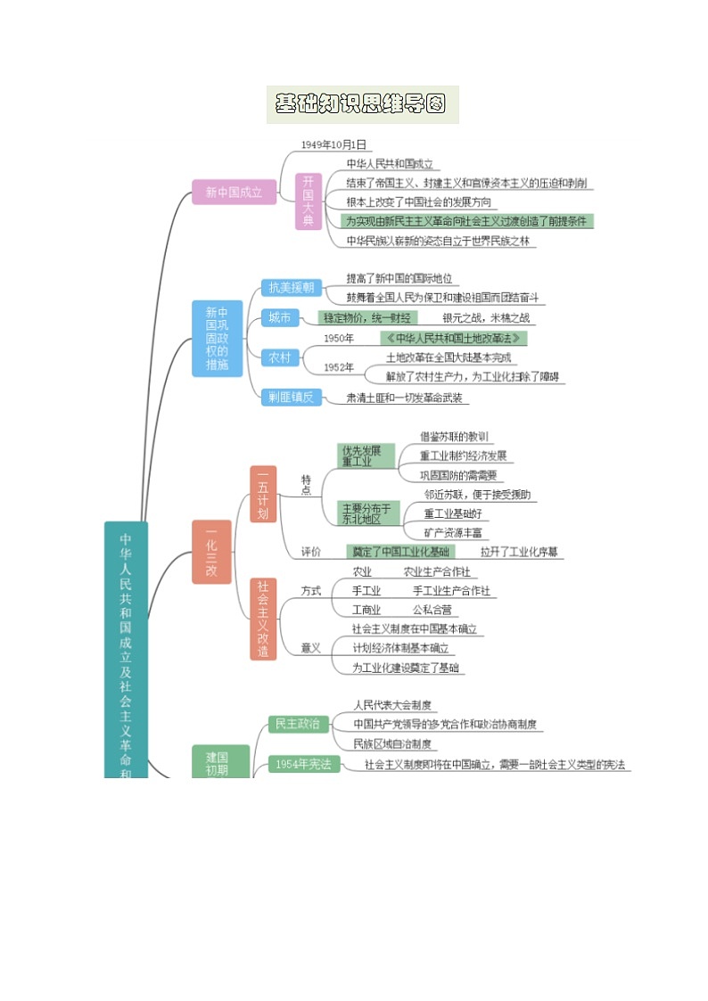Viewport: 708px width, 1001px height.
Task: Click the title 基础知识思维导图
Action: (361, 104)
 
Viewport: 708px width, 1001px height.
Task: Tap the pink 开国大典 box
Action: (308, 201)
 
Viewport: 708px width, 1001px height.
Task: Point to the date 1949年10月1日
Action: (333, 144)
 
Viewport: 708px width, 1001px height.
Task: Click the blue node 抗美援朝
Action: (292, 287)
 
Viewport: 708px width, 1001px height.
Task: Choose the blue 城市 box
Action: (279, 318)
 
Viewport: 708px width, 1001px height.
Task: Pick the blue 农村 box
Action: (279, 357)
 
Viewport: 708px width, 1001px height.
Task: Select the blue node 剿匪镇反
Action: (292, 398)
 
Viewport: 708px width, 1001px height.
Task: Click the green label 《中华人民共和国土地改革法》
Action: (453, 339)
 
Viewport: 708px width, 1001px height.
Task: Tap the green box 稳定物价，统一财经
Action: (367, 317)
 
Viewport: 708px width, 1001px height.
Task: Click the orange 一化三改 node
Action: (211, 552)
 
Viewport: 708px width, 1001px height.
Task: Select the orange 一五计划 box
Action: (263, 494)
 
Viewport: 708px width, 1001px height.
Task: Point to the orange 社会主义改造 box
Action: (263, 618)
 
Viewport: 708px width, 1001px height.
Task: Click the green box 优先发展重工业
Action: (366, 455)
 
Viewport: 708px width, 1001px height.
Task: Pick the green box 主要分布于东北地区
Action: (368, 513)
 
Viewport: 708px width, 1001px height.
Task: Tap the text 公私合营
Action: (432, 611)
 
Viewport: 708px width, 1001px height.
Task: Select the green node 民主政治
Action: (298, 723)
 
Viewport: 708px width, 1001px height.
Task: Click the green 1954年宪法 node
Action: (303, 764)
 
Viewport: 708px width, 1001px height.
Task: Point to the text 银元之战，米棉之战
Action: (486, 317)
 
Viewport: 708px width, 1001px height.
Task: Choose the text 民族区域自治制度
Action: (393, 743)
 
